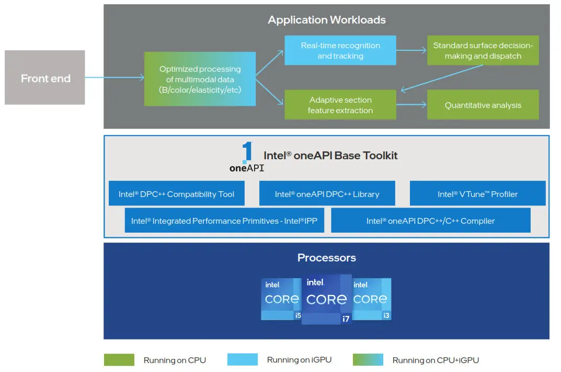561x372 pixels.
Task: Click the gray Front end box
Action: pyautogui.click(x=45, y=78)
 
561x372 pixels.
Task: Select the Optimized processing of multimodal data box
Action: pyautogui.click(x=200, y=79)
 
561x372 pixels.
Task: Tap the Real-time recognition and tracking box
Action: pyautogui.click(x=340, y=50)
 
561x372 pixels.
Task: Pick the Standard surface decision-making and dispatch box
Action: pyautogui.click(x=483, y=50)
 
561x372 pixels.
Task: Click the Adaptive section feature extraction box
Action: pyautogui.click(x=340, y=105)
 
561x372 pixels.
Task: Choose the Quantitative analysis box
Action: pyautogui.click(x=483, y=105)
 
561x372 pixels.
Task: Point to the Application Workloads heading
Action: pyautogui.click(x=327, y=20)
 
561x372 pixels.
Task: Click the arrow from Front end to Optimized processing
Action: pyautogui.click(x=115, y=78)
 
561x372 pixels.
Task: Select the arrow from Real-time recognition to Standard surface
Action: pyautogui.click(x=411, y=51)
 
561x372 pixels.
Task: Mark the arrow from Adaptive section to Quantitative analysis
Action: pyautogui.click(x=411, y=105)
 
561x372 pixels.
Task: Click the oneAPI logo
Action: pyautogui.click(x=246, y=157)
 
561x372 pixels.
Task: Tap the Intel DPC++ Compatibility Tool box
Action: pyautogui.click(x=176, y=194)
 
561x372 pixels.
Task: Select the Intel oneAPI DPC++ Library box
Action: pyautogui.click(x=327, y=194)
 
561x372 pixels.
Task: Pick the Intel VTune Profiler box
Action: pyautogui.click(x=477, y=194)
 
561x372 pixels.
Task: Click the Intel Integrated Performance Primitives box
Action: pyautogui.click(x=225, y=221)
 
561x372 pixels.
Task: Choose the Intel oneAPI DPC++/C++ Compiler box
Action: pyautogui.click(x=430, y=221)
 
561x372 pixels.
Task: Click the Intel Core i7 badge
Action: pyautogui.click(x=327, y=299)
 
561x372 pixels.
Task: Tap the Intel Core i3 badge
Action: pyautogui.click(x=372, y=299)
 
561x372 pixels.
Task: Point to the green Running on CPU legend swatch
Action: pyautogui.click(x=119, y=360)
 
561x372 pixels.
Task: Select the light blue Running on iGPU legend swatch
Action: pyautogui.click(x=243, y=359)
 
